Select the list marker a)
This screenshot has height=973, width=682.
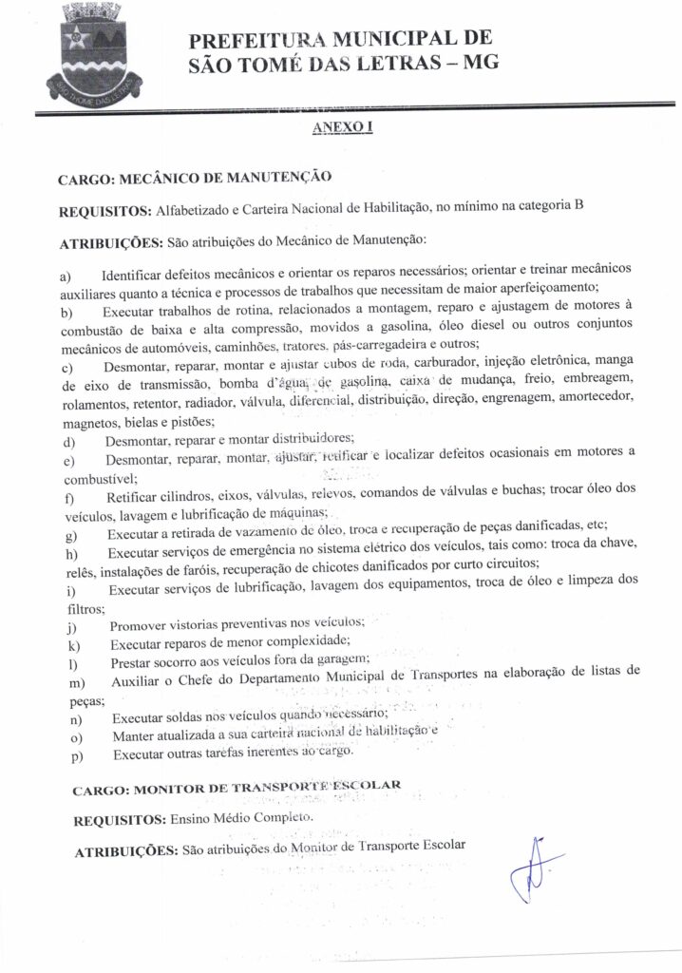point(66,276)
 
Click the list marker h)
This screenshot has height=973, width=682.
point(66,555)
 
